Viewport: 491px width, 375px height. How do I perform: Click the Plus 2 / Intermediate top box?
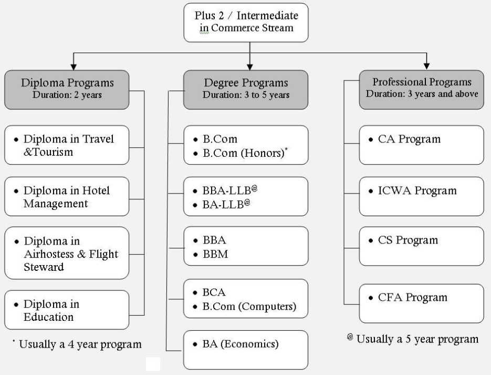tap(246, 23)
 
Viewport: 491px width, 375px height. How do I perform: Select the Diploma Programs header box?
tap(67, 89)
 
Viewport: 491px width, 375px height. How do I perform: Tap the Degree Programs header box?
tap(246, 89)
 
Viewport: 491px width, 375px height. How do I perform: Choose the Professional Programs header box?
tap(422, 89)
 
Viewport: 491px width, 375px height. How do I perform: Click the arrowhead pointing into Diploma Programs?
tap(74, 67)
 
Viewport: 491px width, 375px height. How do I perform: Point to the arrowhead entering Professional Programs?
tap(426, 66)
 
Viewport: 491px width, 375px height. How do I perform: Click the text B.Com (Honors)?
tap(244, 153)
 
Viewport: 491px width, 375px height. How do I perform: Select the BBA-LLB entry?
tap(227, 190)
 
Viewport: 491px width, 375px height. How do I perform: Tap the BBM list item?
tap(215, 254)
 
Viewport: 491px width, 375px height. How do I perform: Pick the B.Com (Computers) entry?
tap(249, 306)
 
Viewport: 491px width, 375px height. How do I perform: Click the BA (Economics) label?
tap(241, 344)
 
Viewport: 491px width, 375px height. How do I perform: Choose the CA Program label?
tap(409, 139)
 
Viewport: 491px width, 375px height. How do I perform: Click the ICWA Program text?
tap(417, 190)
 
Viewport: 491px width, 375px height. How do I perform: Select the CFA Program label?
tap(413, 297)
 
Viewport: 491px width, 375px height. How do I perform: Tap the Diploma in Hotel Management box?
tap(67, 197)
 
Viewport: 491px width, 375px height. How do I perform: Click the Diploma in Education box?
tap(67, 310)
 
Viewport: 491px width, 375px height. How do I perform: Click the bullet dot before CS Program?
tap(371, 241)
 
